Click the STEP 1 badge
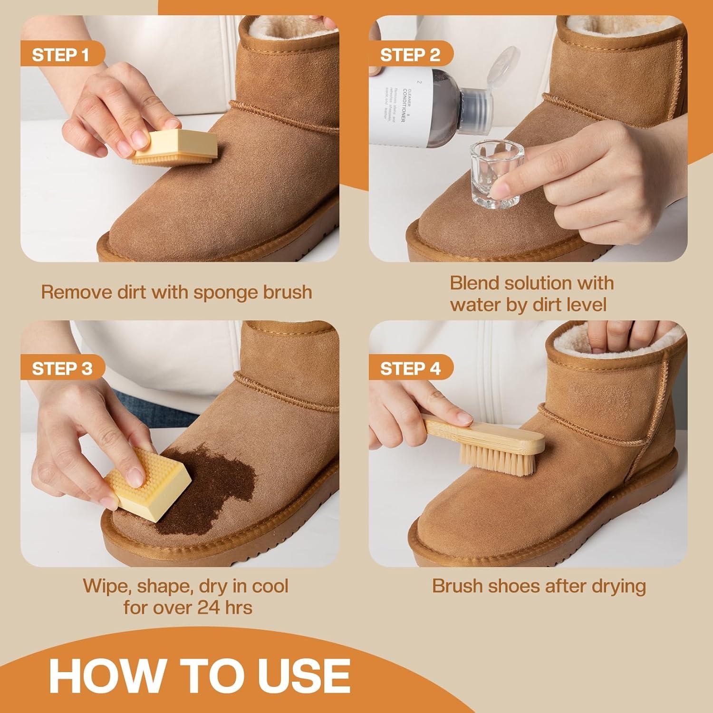[60, 55]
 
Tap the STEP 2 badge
[410, 55]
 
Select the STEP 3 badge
[62, 369]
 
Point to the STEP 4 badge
[410, 369]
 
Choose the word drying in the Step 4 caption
[618, 587]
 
